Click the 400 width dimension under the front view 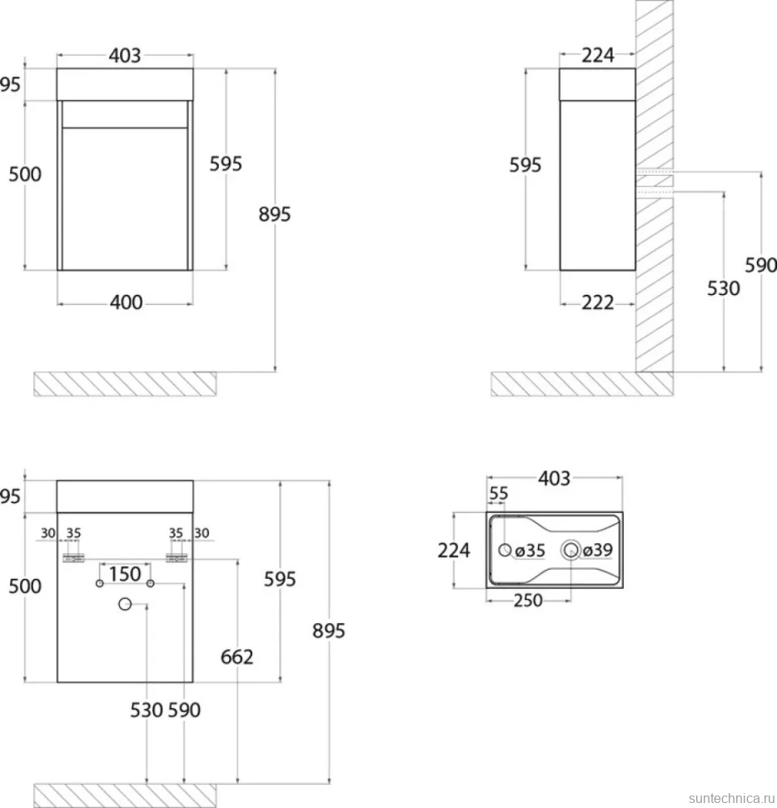126,302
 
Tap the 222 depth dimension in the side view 598,302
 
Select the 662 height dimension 237,657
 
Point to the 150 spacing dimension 125,574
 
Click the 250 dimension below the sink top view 528,601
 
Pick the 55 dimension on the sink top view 498,493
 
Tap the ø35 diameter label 530,551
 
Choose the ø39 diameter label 598,550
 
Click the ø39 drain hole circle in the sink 571,551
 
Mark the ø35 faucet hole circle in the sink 505,551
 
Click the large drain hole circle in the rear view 125,604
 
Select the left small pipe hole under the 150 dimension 99,583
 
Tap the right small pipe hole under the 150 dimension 151,583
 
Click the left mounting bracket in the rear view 73,558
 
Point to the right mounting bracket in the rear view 177,558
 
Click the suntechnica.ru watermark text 732,798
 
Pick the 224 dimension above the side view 598,55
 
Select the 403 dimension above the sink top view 554,479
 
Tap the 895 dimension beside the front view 275,214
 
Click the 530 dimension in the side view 724,288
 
